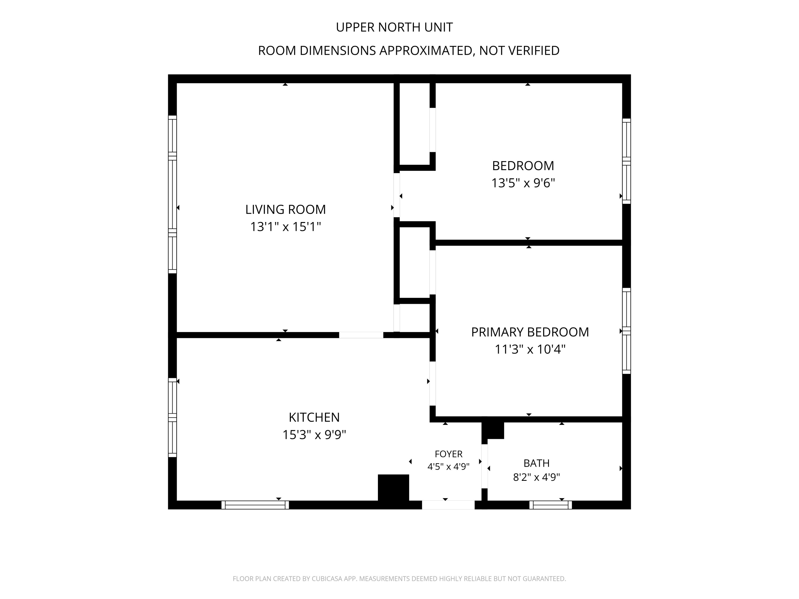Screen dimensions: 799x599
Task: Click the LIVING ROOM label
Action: [285, 210]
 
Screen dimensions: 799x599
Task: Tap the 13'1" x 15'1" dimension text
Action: [285, 227]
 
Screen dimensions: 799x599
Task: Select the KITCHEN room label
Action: [314, 417]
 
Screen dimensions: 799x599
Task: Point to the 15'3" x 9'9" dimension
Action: [314, 435]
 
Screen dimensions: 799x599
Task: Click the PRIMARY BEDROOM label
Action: [530, 332]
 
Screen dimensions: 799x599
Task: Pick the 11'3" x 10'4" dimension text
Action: [530, 350]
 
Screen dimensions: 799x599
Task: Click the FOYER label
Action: [449, 454]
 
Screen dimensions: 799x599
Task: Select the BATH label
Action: [536, 463]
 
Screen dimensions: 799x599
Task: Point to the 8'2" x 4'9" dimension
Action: [536, 477]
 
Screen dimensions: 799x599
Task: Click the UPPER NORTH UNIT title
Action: [394, 27]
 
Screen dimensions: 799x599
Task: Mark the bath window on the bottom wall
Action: [551, 505]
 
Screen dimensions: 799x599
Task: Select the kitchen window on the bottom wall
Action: [255, 505]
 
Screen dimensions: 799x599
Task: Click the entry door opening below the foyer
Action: [448, 505]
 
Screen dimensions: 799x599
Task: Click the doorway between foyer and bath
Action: [484, 466]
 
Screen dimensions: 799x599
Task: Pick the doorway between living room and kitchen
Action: [361, 335]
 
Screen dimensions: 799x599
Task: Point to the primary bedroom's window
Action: [626, 331]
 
